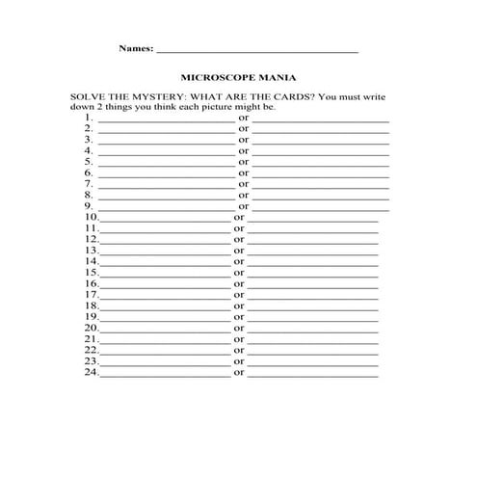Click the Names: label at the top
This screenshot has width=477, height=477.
pyautogui.click(x=135, y=47)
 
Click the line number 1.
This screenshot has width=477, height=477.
pyautogui.click(x=88, y=118)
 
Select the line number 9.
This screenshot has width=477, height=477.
pyautogui.click(x=88, y=205)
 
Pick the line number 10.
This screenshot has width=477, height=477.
pyautogui.click(x=91, y=218)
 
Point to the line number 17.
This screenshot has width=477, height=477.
pyautogui.click(x=91, y=295)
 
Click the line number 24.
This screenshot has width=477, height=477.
pyautogui.click(x=91, y=372)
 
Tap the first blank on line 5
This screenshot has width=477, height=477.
pyautogui.click(x=165, y=163)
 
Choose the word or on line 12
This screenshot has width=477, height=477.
pyautogui.click(x=239, y=239)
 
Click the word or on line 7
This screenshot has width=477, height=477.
pyautogui.click(x=244, y=184)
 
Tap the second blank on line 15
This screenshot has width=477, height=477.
pyautogui.click(x=313, y=275)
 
